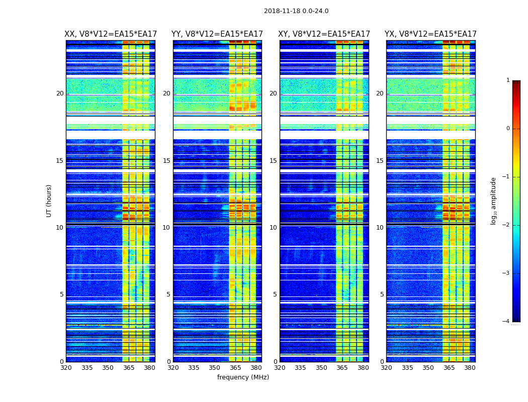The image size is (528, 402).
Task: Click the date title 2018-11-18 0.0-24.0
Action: click(296, 11)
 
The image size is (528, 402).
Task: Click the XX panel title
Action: click(111, 34)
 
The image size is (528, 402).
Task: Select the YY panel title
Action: click(217, 34)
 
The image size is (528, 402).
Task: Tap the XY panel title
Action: click(324, 34)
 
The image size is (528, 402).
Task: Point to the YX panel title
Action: click(430, 34)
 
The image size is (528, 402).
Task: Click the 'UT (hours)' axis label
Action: click(49, 200)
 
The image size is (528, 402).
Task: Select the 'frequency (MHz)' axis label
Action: click(243, 377)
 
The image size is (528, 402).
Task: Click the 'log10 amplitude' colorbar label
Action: click(494, 200)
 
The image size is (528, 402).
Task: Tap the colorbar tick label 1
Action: click(507, 80)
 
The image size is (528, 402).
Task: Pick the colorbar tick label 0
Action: click(507, 129)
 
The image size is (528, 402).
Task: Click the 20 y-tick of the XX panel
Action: click(60, 93)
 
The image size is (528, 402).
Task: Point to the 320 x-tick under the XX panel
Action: click(66, 368)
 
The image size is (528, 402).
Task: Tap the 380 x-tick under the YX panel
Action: click(470, 368)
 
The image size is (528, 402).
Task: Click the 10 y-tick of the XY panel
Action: click(273, 228)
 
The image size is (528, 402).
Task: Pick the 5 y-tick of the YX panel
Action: click(382, 294)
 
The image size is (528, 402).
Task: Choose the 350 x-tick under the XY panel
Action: click(321, 368)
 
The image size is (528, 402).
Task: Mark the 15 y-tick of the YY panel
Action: click(166, 161)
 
